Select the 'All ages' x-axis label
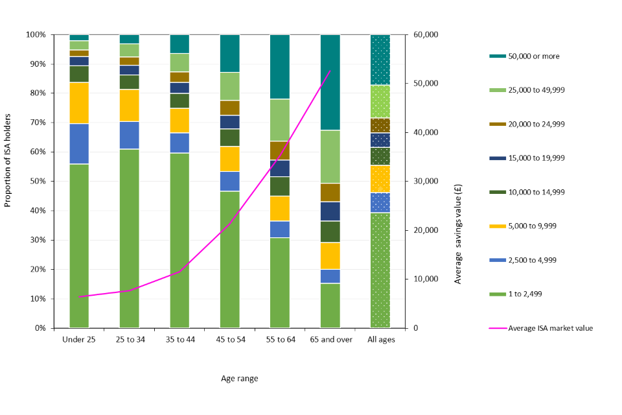[380, 340]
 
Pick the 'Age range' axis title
[239, 379]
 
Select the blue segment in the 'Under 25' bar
[79, 143]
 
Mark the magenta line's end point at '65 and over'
[330, 71]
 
